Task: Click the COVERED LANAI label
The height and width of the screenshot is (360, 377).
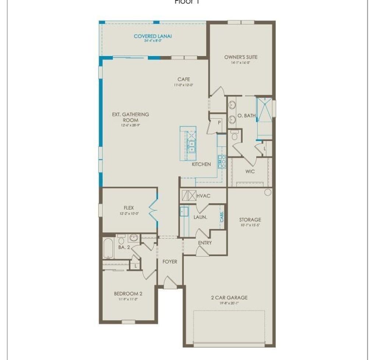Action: click(x=153, y=36)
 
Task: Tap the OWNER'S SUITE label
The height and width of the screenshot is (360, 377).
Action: click(x=241, y=57)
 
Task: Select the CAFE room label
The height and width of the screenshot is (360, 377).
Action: click(x=183, y=79)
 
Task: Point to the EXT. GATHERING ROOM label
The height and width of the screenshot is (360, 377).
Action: click(x=131, y=117)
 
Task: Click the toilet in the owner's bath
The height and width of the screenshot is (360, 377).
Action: click(x=235, y=137)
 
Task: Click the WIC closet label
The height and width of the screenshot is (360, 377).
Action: click(x=250, y=172)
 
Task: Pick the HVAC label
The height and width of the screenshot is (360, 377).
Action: click(x=203, y=196)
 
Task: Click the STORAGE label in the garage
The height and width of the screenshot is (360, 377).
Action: click(x=250, y=220)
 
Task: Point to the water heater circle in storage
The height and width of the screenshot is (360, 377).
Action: click(x=268, y=192)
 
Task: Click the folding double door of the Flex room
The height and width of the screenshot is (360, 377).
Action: click(x=153, y=211)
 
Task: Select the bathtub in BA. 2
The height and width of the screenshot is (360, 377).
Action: click(x=108, y=249)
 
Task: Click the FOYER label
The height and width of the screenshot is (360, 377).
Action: click(x=170, y=262)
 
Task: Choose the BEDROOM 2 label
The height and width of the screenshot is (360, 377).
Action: click(x=128, y=293)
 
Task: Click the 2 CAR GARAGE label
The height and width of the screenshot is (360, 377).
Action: click(x=229, y=297)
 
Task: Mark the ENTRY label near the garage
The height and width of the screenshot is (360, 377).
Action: click(x=205, y=243)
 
